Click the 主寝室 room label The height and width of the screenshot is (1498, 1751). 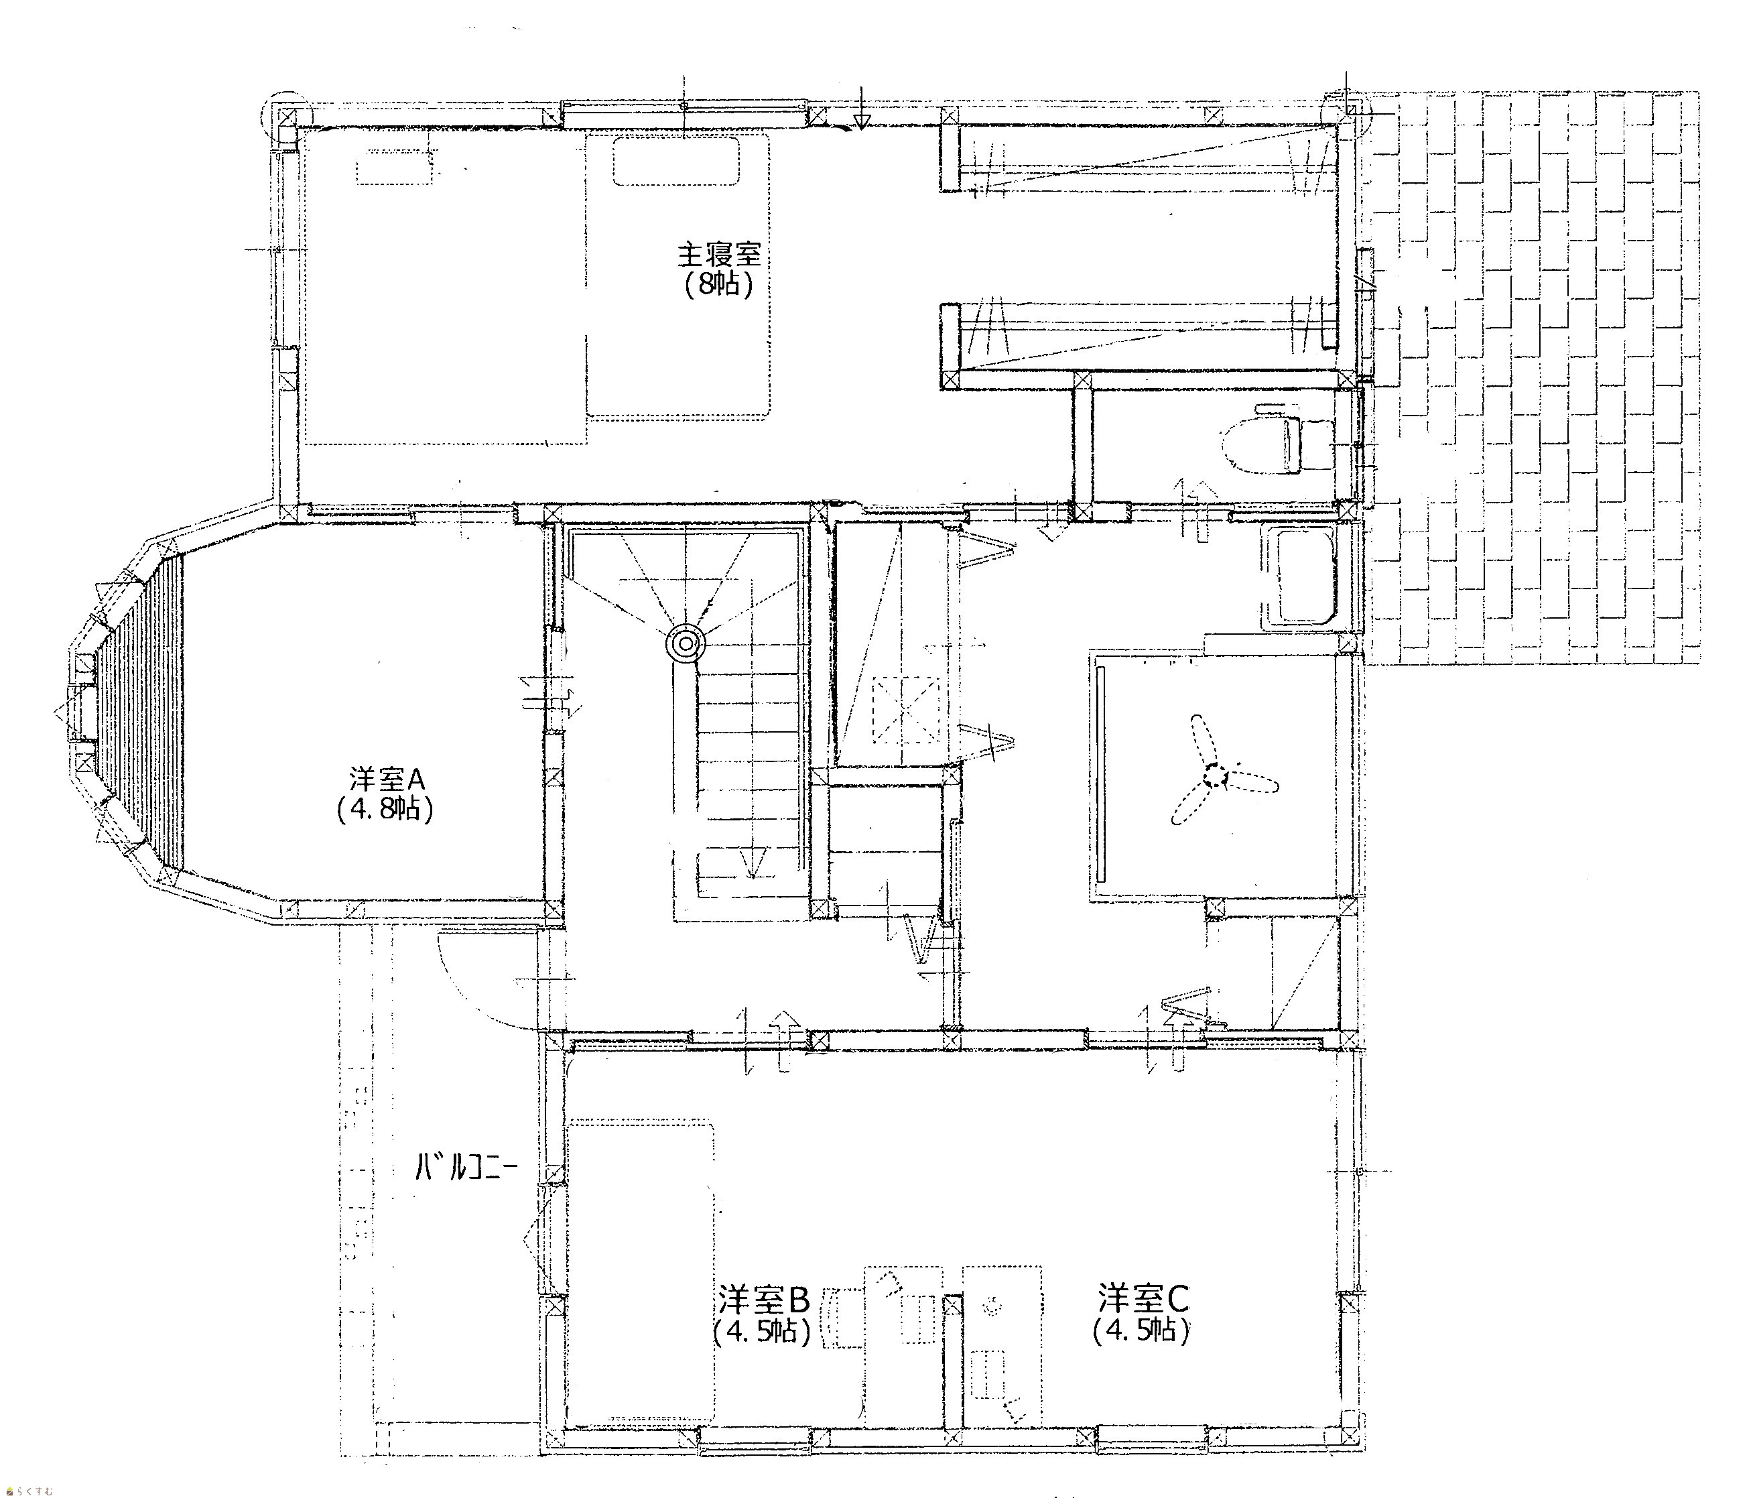point(719,255)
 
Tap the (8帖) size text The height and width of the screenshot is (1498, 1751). point(719,285)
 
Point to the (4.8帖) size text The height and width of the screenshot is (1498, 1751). point(385,809)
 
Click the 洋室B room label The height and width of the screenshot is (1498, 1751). point(764,1297)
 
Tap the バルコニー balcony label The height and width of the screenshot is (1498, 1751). point(466,1168)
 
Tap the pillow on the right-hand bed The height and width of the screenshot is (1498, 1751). point(676,161)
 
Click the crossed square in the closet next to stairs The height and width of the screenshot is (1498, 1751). point(906,708)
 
